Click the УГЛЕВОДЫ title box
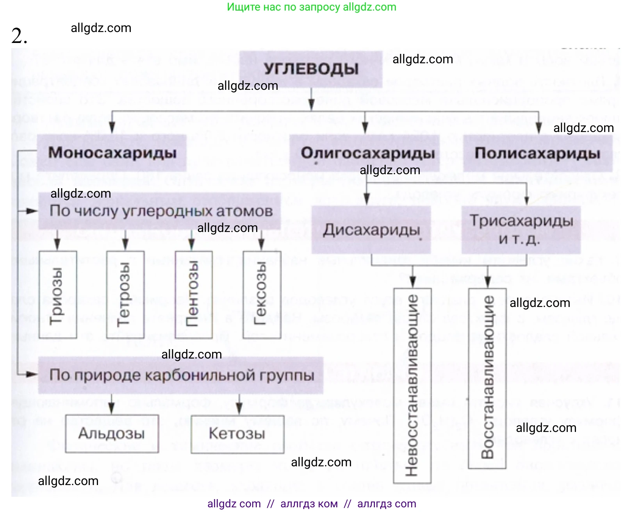pos(311,69)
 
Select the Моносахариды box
pos(112,153)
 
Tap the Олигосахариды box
pos(367,153)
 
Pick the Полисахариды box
pos(537,153)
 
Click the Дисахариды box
pos(371,230)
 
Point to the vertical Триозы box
pos(58,294)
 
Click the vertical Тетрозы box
pos(125,294)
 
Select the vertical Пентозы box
pos(194,294)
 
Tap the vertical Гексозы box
pos(262,294)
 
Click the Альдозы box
pos(112,434)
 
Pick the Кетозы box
pos(237,434)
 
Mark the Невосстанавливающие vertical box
pos(412,385)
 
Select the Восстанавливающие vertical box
pos(487,378)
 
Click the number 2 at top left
pos(19,36)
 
